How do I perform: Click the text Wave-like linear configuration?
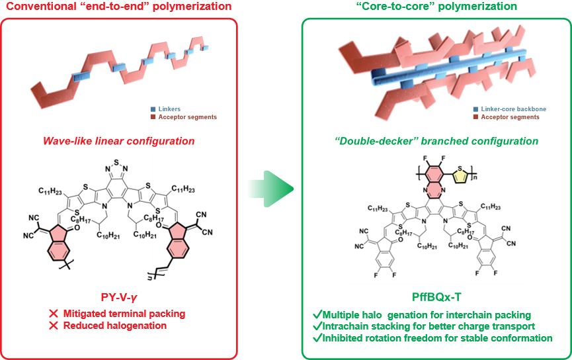pyautogui.click(x=118, y=142)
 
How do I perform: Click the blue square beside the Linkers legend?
pyautogui.click(x=152, y=109)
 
